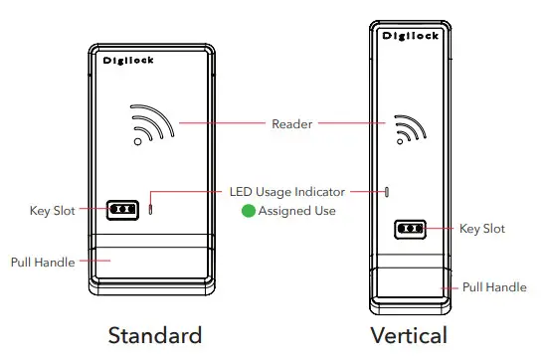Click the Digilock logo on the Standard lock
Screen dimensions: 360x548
pos(128,61)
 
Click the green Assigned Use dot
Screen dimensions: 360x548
pos(250,211)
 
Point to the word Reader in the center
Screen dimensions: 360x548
pos(292,124)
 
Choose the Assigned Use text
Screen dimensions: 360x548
pos(297,211)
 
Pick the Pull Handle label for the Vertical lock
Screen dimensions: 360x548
pos(494,287)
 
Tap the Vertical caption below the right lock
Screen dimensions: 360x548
pos(408,334)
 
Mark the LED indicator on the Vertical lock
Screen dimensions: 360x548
pos(386,189)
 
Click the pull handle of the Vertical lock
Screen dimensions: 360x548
pos(408,285)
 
